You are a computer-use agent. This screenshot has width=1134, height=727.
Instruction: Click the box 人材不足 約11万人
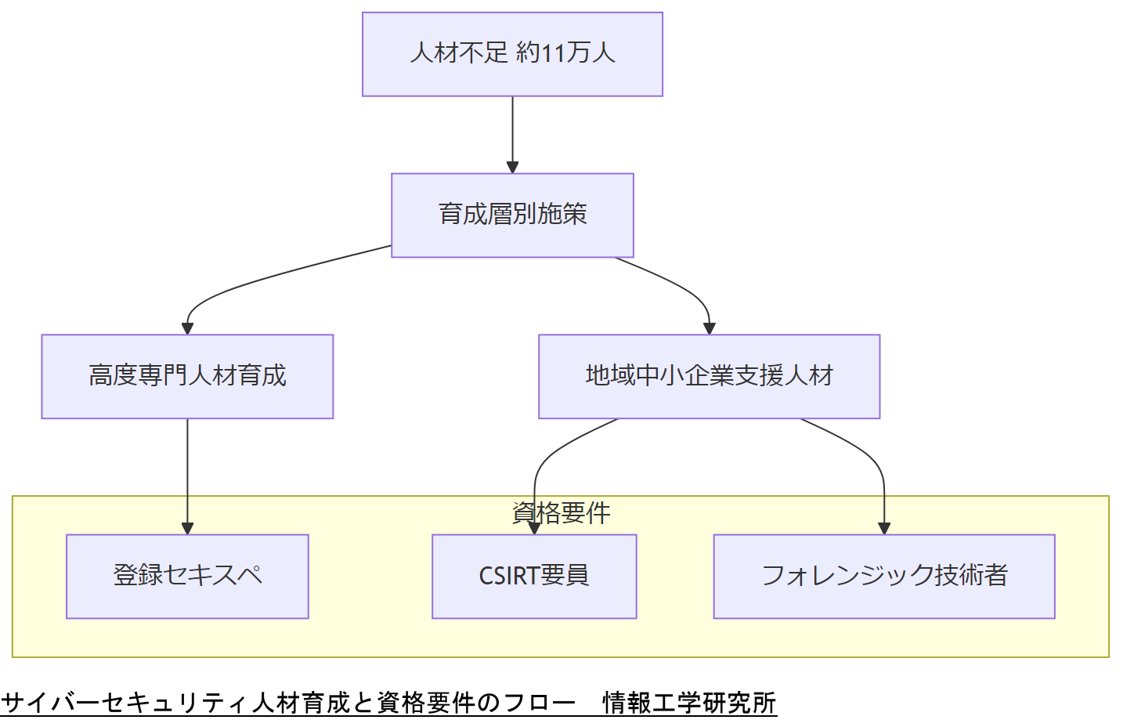[512, 54]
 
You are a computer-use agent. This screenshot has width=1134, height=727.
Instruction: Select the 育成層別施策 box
[512, 215]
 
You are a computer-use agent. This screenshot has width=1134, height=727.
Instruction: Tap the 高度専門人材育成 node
[187, 377]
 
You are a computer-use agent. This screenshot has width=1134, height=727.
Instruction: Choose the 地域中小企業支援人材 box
[709, 377]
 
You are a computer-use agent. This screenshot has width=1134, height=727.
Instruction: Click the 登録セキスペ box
[187, 577]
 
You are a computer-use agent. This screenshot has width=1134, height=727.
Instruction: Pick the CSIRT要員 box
[534, 577]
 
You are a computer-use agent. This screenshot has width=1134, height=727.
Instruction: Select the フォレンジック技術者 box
[884, 577]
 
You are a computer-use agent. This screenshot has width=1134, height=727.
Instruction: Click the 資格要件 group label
[561, 513]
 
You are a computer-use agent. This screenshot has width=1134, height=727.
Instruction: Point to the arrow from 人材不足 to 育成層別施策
[512, 133]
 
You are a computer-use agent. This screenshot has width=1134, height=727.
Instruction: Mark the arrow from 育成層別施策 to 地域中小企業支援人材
[681, 286]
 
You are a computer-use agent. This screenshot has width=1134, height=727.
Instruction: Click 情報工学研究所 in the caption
[689, 703]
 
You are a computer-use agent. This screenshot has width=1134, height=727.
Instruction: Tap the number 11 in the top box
[553, 53]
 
